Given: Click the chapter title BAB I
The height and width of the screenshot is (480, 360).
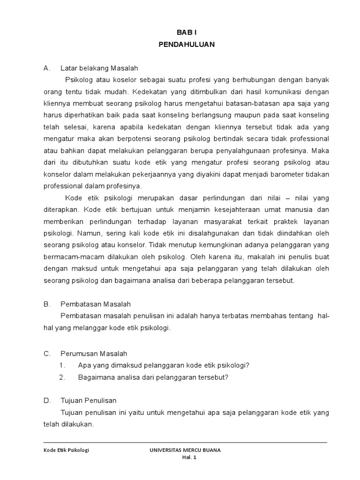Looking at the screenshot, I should point(186,34).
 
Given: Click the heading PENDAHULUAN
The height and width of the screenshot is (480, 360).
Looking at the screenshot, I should point(186,45).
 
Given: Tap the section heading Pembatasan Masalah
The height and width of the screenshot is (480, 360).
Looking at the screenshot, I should point(96,304).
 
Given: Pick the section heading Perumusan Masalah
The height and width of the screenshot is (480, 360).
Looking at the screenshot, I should point(94,353).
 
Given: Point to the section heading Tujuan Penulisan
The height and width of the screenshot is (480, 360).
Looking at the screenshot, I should point(89,401).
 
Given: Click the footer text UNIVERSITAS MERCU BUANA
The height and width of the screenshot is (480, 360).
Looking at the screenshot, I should point(185,450).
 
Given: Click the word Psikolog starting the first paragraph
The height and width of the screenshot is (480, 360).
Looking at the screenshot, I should point(80,80).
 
